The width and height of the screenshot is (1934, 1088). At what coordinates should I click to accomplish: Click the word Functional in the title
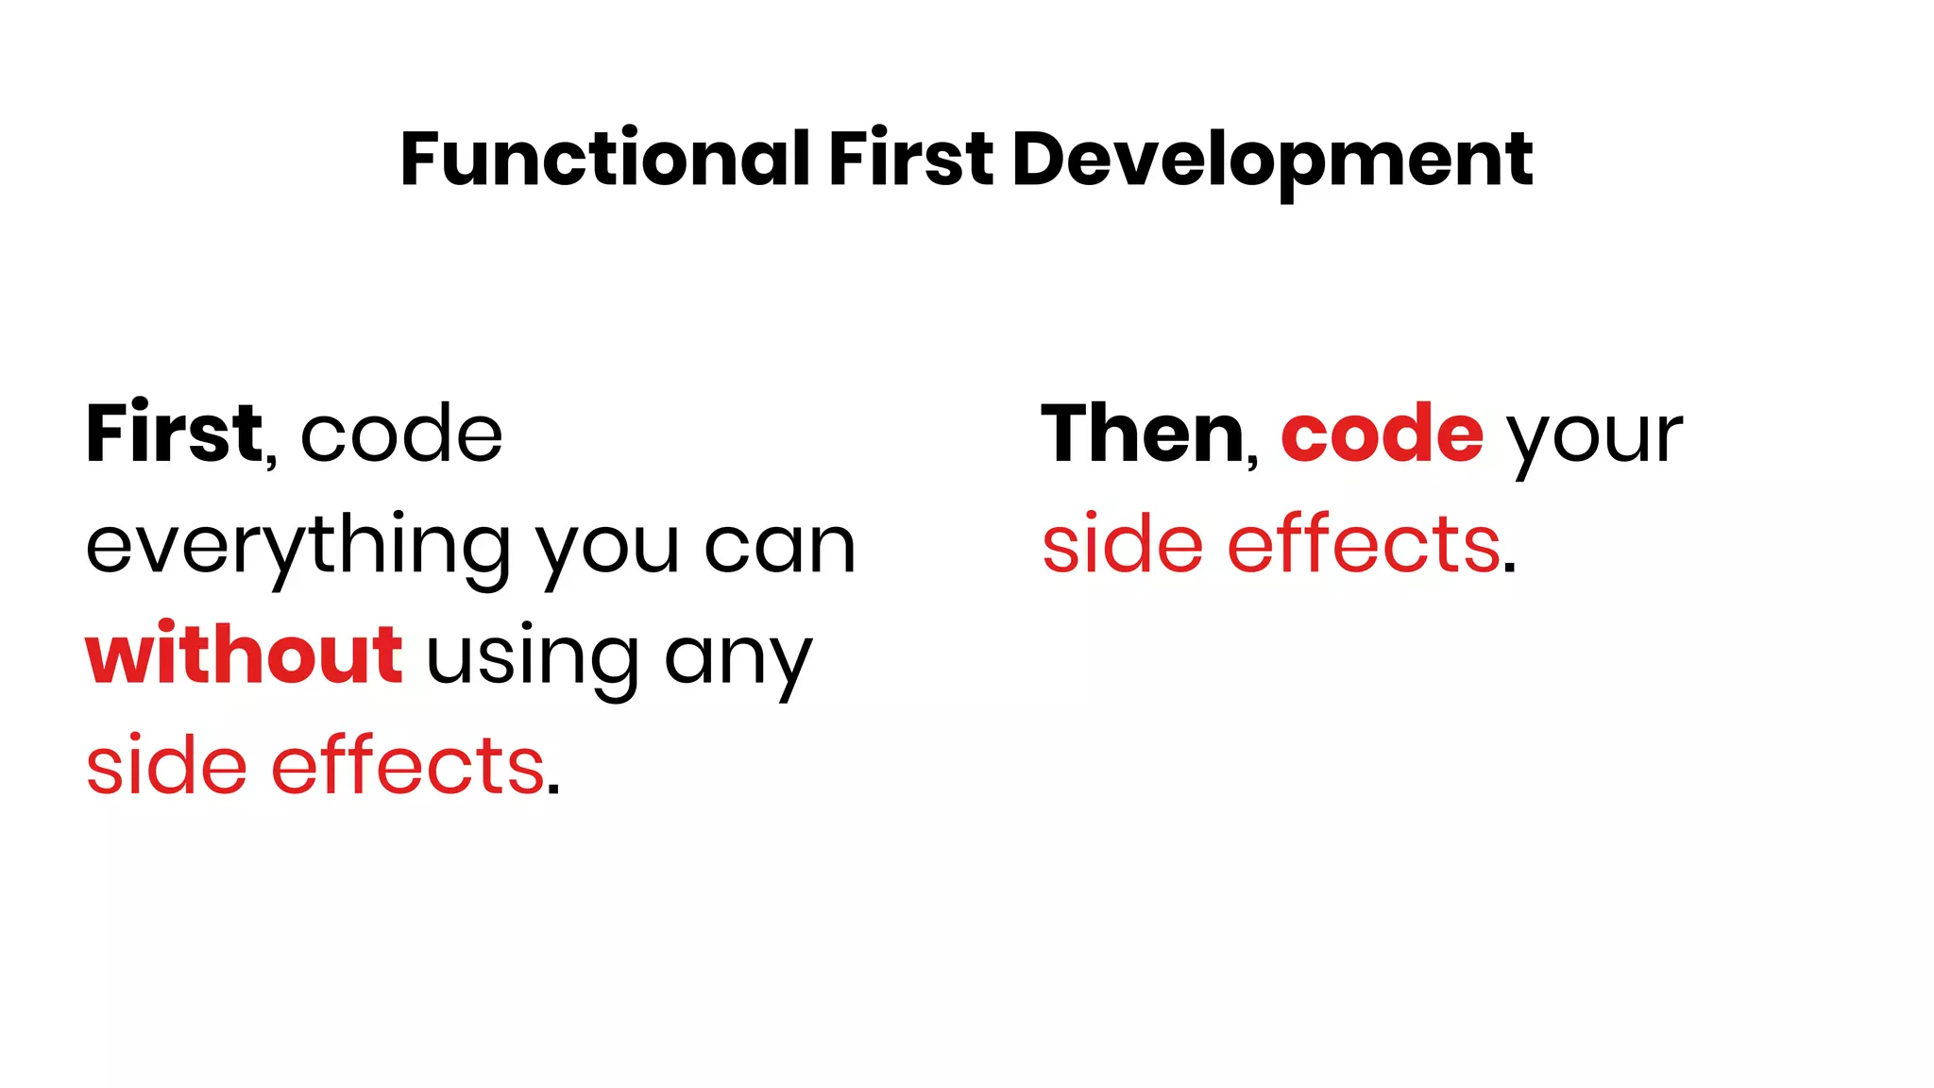pyautogui.click(x=604, y=159)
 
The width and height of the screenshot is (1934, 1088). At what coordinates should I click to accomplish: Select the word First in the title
pyautogui.click(x=910, y=159)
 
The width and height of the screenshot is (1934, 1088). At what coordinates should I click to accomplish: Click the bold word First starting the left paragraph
pyautogui.click(x=174, y=434)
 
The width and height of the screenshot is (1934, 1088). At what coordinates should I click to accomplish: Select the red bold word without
pyautogui.click(x=244, y=655)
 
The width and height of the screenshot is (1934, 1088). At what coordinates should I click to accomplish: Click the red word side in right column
pyautogui.click(x=1123, y=546)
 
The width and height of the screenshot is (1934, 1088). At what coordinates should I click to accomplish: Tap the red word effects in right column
pyautogui.click(x=1364, y=546)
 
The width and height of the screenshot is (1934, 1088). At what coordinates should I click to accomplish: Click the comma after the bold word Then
pyautogui.click(x=1253, y=461)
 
